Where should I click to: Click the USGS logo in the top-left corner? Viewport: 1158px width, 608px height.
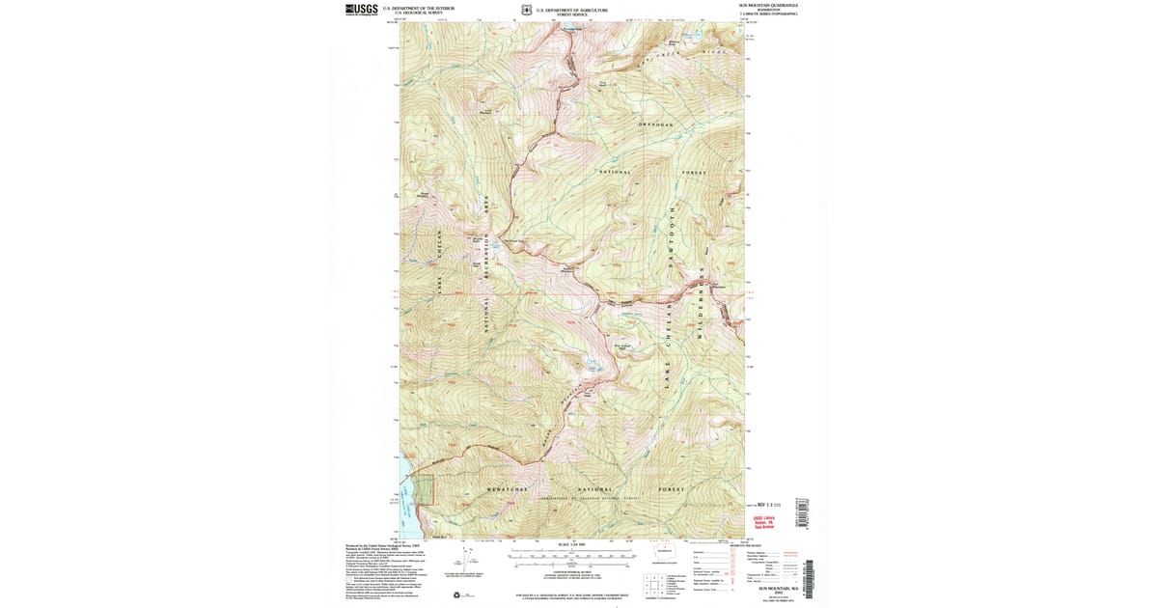pyautogui.click(x=361, y=9)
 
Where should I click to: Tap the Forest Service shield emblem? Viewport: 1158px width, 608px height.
pyautogui.click(x=526, y=10)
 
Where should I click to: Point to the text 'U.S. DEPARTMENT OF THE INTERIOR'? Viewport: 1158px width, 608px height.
pyautogui.click(x=418, y=9)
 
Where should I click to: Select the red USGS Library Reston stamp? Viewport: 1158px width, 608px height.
pyautogui.click(x=763, y=521)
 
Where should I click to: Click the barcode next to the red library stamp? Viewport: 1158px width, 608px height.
pyautogui.click(x=800, y=511)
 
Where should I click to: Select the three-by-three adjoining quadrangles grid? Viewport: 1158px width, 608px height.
pyautogui.click(x=657, y=584)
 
